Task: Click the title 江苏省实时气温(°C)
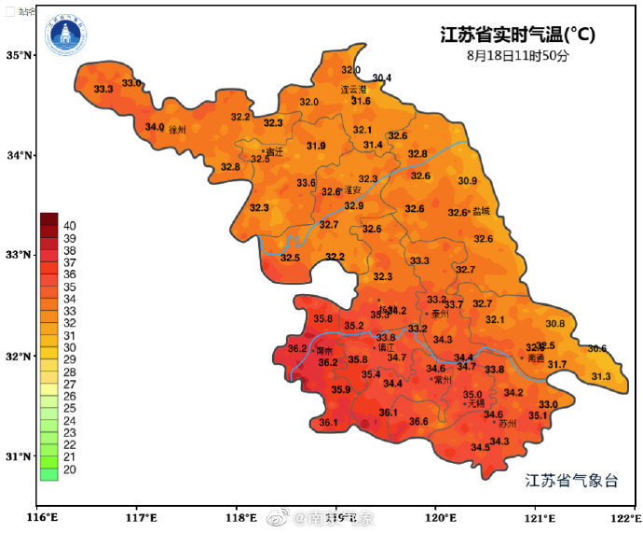point(517,35)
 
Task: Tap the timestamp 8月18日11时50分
point(517,56)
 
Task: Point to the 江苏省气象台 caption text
point(571,482)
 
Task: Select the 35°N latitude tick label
point(19,55)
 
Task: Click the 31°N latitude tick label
point(19,456)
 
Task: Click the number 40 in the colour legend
point(70,225)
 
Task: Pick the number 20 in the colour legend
point(70,470)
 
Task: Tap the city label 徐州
point(178,131)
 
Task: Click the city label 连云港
point(353,90)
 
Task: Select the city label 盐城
point(481,212)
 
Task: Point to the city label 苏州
point(504,423)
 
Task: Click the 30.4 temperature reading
point(382,77)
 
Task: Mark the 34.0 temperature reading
point(154,127)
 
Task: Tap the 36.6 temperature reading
point(418,422)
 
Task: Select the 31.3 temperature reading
point(601,376)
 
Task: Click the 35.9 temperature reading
point(341,389)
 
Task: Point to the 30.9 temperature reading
point(467,181)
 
